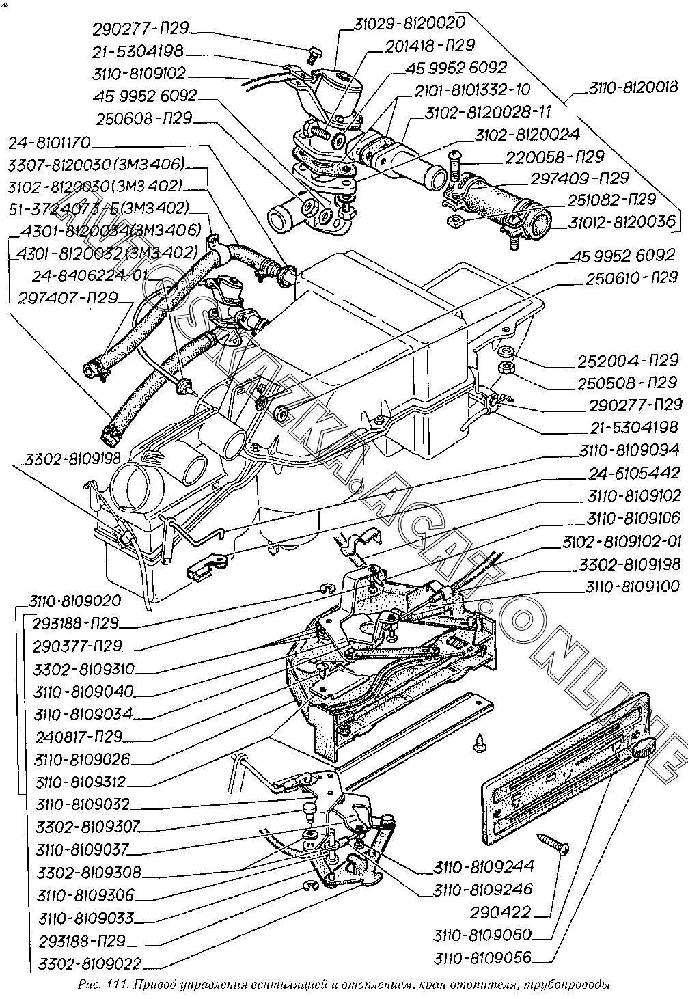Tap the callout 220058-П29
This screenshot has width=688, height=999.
tap(554, 156)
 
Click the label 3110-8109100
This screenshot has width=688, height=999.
tap(632, 586)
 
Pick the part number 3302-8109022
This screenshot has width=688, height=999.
tap(90, 963)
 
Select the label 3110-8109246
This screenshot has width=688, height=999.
tap(482, 889)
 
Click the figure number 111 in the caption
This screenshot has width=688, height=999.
tap(112, 985)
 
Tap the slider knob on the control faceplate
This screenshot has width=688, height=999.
tap(642, 749)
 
